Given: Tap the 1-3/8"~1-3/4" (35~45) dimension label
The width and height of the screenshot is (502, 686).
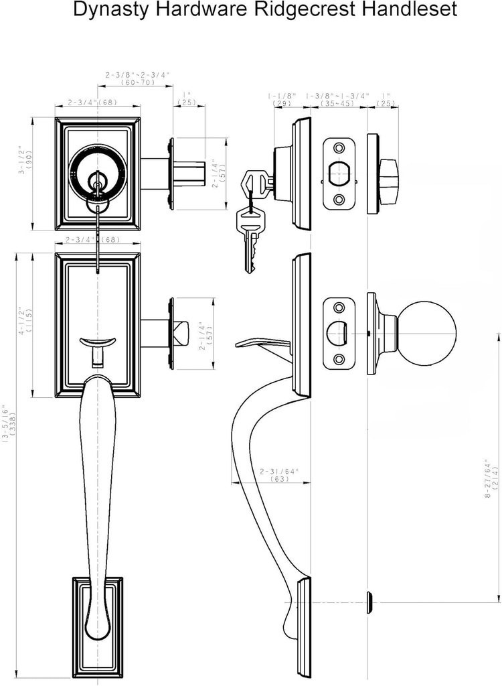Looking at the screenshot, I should tap(338, 100).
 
